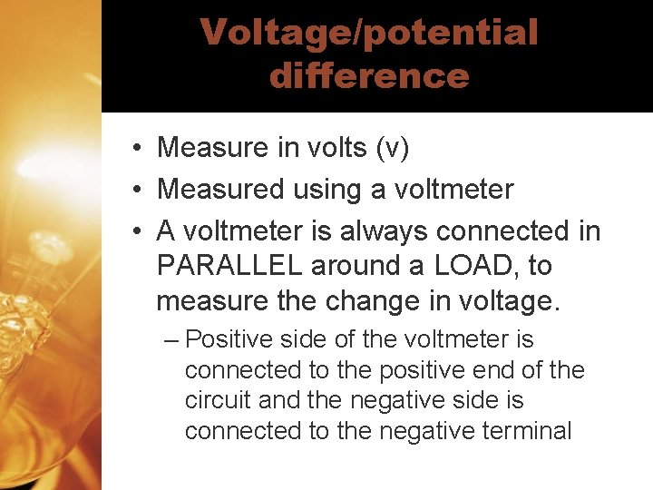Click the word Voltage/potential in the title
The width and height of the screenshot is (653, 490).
coord(369,33)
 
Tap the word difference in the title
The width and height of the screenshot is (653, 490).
coord(369,75)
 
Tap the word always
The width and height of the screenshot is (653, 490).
coord(383,231)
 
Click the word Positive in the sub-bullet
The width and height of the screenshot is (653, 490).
coord(222,340)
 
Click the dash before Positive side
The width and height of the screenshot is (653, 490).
coord(172,340)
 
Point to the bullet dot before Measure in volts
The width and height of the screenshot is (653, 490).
coord(132,148)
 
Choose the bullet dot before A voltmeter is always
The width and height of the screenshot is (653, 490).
coord(132,232)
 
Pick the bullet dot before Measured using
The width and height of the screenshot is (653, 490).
coord(132,191)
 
